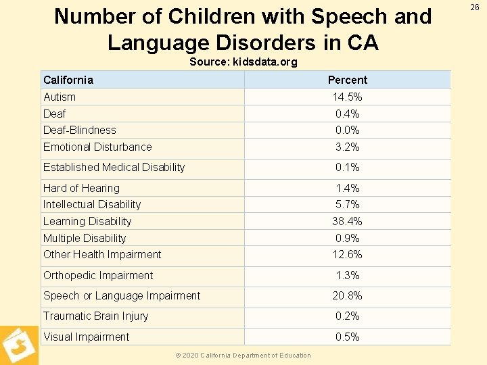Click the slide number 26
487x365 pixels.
pos(475,7)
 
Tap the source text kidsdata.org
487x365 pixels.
pos(265,62)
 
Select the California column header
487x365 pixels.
pos(68,80)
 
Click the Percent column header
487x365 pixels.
pos(347,80)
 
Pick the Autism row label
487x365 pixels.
pos(60,97)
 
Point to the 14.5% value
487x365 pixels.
pos(346,97)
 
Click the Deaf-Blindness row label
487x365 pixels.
pos(80,130)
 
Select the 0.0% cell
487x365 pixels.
pos(347,130)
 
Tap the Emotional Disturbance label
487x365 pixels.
pos(97,147)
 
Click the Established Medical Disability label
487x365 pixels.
pos(114,167)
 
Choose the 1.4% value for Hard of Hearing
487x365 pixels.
pos(347,188)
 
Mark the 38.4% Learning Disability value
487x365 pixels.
pos(347,221)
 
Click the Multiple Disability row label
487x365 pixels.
pos(85,238)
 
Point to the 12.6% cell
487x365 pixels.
pos(347,254)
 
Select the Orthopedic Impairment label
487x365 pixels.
pos(98,275)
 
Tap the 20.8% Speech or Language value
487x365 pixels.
pos(347,295)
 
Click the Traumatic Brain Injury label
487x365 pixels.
pos(95,316)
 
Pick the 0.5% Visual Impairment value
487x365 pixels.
pos(347,337)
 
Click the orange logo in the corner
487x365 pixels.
pos(18,345)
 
